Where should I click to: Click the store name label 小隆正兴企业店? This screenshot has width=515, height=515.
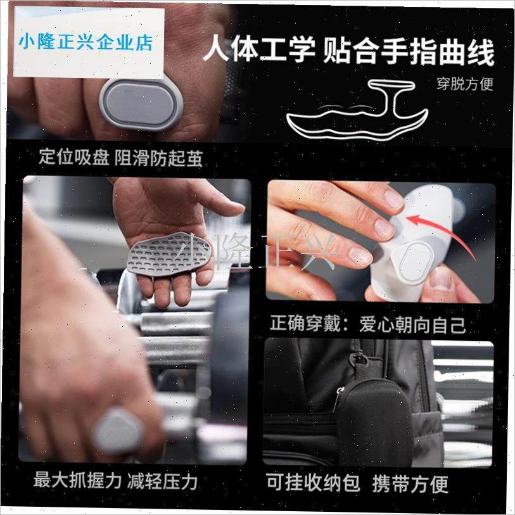tap(86, 42)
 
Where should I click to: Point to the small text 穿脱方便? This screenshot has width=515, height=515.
tap(464, 83)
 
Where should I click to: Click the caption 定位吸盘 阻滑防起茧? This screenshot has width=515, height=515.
tap(120, 158)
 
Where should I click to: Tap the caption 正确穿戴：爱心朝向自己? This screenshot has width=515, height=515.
tap(368, 325)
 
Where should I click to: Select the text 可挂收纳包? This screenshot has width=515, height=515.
tap(313, 483)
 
